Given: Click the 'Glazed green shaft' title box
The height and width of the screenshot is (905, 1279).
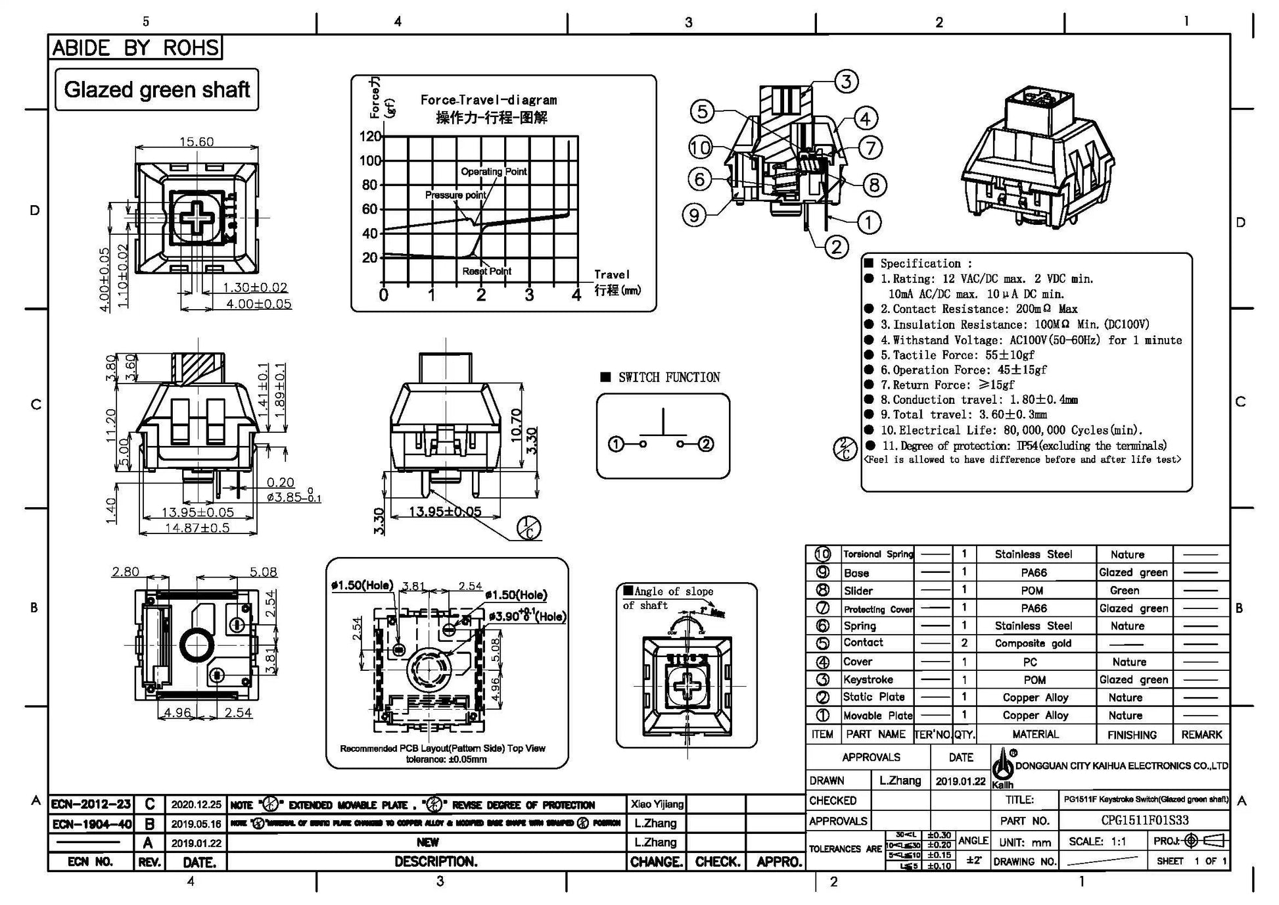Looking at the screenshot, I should click(x=156, y=89).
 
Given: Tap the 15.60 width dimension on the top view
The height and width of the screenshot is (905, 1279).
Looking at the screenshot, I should click(x=197, y=141).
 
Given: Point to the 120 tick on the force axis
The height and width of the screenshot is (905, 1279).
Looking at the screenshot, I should click(x=370, y=136).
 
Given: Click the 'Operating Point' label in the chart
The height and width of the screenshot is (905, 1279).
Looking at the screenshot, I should click(x=494, y=172).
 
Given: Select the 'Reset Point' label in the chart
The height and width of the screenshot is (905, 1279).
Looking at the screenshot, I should click(x=486, y=271).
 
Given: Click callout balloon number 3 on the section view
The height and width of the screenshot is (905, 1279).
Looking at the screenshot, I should click(x=846, y=82).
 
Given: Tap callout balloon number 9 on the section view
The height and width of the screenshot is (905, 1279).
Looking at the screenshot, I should click(x=695, y=214).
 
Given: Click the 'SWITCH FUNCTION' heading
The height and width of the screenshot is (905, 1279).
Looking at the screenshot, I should click(x=668, y=378).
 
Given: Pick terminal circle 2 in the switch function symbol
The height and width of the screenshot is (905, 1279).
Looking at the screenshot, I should click(x=706, y=444).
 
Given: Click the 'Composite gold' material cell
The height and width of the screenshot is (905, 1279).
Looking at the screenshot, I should click(x=1033, y=643).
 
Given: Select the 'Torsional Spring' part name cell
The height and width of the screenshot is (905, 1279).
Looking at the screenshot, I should click(x=878, y=554).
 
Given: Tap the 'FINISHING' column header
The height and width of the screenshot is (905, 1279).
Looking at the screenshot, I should click(x=1132, y=735).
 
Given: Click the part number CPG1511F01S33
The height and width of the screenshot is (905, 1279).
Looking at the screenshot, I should click(x=1144, y=821).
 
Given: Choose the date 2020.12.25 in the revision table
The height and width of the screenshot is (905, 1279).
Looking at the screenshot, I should click(x=196, y=804).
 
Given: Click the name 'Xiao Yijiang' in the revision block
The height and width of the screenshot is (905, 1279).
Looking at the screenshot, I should click(x=657, y=804).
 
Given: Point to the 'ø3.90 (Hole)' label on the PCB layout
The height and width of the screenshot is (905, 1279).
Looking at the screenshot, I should click(x=526, y=616).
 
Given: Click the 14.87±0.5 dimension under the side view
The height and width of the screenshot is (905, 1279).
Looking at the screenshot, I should click(x=197, y=527).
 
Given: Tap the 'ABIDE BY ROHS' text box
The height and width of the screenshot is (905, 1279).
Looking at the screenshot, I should click(x=135, y=47).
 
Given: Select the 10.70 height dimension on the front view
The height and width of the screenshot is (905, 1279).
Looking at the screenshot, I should click(x=516, y=424).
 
